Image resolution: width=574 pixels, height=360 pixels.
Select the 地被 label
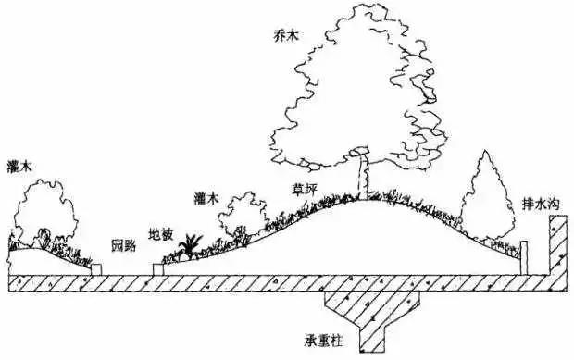160,234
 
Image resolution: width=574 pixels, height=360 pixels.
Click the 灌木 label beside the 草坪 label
207,198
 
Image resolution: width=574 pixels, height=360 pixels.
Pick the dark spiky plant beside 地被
193,245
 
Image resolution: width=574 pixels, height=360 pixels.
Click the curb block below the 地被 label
159,269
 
